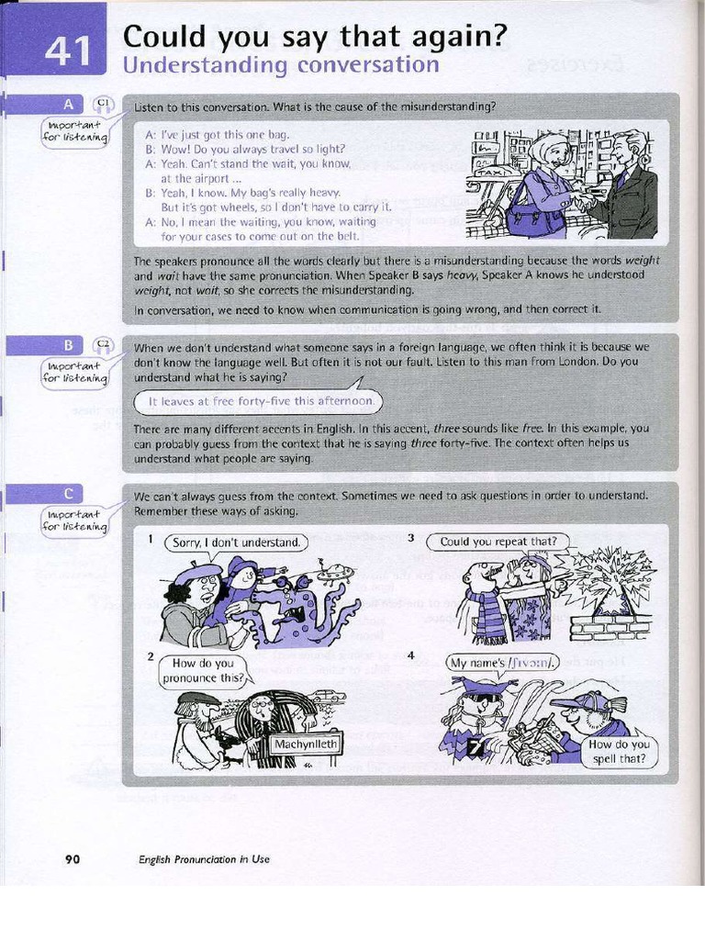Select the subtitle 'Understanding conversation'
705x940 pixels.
(281, 66)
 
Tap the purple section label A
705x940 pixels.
(67, 104)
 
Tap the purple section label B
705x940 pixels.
(67, 345)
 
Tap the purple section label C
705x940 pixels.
(67, 494)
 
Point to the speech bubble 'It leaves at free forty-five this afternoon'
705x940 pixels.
(261, 401)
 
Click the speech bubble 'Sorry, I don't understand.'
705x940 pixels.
(237, 543)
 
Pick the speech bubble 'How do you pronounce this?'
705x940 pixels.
(204, 671)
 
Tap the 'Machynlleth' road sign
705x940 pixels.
(306, 744)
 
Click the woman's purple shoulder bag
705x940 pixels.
(534, 214)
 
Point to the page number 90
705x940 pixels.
(73, 859)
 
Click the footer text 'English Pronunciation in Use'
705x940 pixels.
(204, 859)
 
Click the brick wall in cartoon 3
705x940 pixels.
(610, 627)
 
